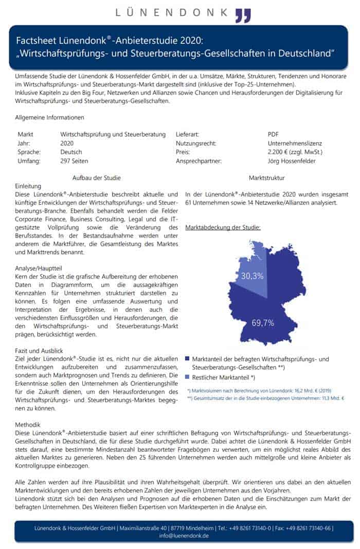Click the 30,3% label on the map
pos(252,276)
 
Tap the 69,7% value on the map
pos(262,323)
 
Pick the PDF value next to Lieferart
pos(274,134)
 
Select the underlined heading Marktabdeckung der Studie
pos(222,227)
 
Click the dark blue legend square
pos(188,359)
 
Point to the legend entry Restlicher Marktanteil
pos(224,378)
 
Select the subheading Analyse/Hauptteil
pos(40,269)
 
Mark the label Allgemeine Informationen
pos(49,117)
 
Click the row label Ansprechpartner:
pos(199,161)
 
